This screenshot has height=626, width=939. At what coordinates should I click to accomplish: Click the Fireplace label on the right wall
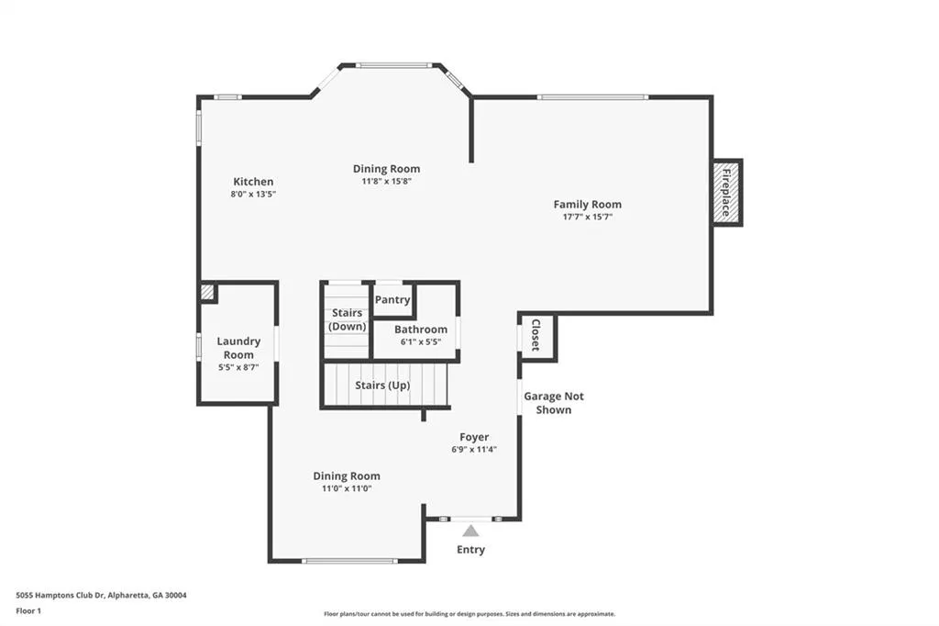coord(726,193)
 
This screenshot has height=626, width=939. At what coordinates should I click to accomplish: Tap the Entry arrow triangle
coord(470,531)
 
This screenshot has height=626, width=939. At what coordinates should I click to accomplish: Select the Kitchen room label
coord(253,182)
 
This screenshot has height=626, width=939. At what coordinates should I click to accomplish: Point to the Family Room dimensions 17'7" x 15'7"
coord(588,217)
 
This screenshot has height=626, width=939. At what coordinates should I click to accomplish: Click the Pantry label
coord(392,300)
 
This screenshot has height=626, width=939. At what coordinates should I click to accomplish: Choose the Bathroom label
coord(421,330)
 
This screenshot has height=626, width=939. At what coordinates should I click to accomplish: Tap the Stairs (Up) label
coord(382,385)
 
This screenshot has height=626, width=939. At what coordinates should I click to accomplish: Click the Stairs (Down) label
coord(348,319)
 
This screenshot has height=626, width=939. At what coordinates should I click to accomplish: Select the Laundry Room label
coord(238,348)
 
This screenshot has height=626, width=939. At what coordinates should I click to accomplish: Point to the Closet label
coord(536,335)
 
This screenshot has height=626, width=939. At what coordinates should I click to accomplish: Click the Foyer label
coord(474,437)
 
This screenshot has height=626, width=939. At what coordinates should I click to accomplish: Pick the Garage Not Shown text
coord(554,403)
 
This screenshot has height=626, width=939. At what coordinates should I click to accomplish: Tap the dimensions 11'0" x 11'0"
coord(347,488)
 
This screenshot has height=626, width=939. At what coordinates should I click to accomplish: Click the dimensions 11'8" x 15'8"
coord(386,181)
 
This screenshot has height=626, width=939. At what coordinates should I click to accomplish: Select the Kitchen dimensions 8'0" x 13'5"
coord(253,195)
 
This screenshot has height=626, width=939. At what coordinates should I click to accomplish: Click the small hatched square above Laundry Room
coord(207,292)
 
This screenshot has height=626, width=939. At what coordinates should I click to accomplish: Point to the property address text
coord(101,596)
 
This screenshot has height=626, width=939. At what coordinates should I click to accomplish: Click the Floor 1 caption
coord(28,611)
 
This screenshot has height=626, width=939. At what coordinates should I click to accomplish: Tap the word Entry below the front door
coord(470,549)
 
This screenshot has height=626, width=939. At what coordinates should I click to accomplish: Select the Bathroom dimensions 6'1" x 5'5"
coord(421,341)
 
